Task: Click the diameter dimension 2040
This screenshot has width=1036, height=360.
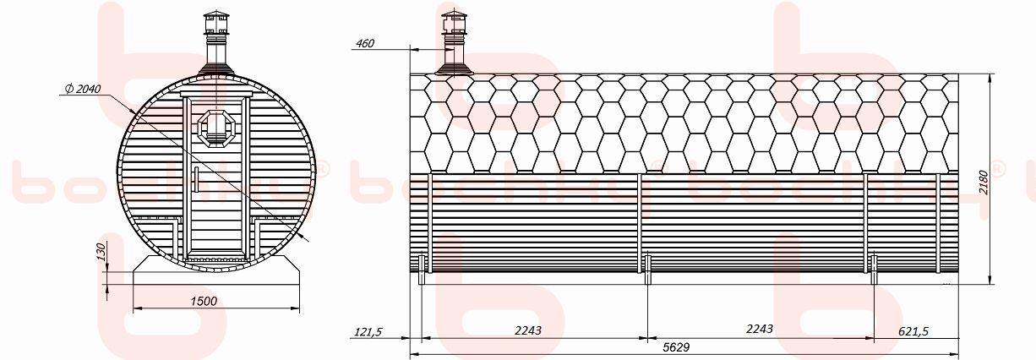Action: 84,89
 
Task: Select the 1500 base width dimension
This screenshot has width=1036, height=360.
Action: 204,302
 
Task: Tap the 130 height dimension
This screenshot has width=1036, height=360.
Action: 101,251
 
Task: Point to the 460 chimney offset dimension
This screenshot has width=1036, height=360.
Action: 365,43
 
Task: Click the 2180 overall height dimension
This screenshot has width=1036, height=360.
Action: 983,183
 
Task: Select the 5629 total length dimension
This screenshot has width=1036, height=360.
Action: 676,347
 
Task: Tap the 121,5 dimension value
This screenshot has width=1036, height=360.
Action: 368,332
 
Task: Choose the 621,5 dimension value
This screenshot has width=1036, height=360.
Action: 913,331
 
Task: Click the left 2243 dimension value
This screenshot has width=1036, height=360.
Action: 528,330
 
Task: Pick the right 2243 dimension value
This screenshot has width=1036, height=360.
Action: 760,329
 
